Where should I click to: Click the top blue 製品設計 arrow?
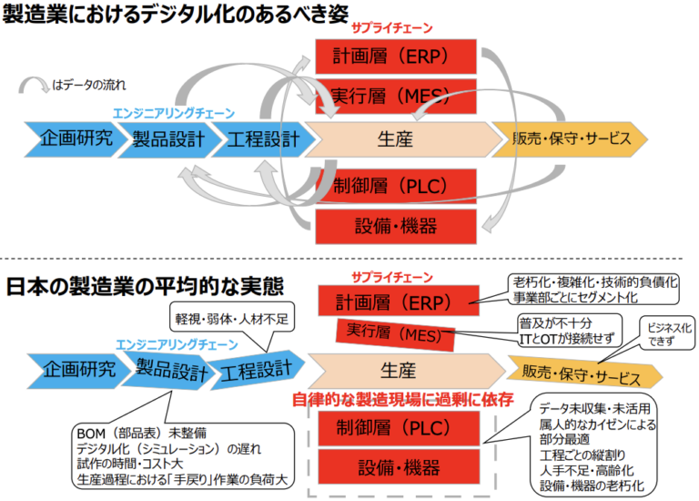pyautogui.click(x=165, y=138)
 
